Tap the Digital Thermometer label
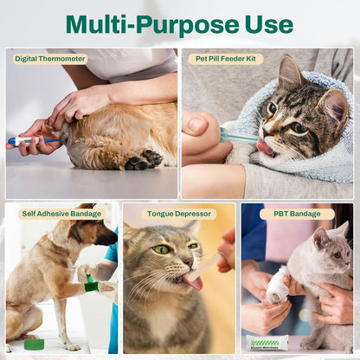(50, 59)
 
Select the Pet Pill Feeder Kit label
(226, 59)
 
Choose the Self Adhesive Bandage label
(53, 213)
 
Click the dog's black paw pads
(142, 160)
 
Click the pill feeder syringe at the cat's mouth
(238, 135)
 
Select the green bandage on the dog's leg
(91, 283)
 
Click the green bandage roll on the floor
(34, 344)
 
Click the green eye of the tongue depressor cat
(162, 249)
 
